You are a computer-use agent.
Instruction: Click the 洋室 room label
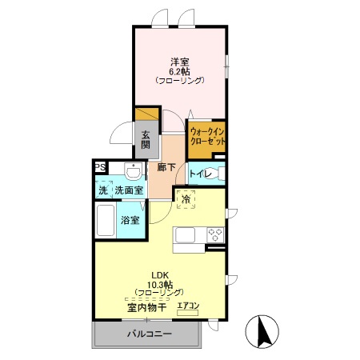coord(180,62)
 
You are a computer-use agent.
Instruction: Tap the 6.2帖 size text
coord(180,71)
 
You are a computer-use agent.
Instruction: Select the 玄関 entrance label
coord(146,140)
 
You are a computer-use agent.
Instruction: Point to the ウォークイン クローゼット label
coord(207,136)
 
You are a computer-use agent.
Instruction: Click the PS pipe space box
coord(100,168)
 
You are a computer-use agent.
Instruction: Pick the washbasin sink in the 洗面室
coord(133,171)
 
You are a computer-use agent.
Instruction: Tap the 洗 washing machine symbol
coord(103,190)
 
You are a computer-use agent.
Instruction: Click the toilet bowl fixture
coord(221,174)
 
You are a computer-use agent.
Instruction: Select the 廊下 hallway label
coord(166,167)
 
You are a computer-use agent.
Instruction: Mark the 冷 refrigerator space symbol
coord(186,199)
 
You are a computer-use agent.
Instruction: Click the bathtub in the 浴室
coord(106,220)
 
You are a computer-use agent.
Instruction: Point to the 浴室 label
coord(130,220)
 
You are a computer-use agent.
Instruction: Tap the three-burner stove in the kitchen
coord(215,235)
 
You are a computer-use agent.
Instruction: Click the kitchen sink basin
coord(185,235)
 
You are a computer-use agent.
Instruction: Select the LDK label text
coord(160,274)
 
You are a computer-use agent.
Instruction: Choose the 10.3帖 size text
coord(160,283)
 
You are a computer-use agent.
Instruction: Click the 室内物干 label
coord(147,308)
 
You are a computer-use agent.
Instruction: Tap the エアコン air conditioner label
coord(188,306)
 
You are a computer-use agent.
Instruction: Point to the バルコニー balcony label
coord(149,334)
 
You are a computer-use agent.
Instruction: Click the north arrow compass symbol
coord(262,331)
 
